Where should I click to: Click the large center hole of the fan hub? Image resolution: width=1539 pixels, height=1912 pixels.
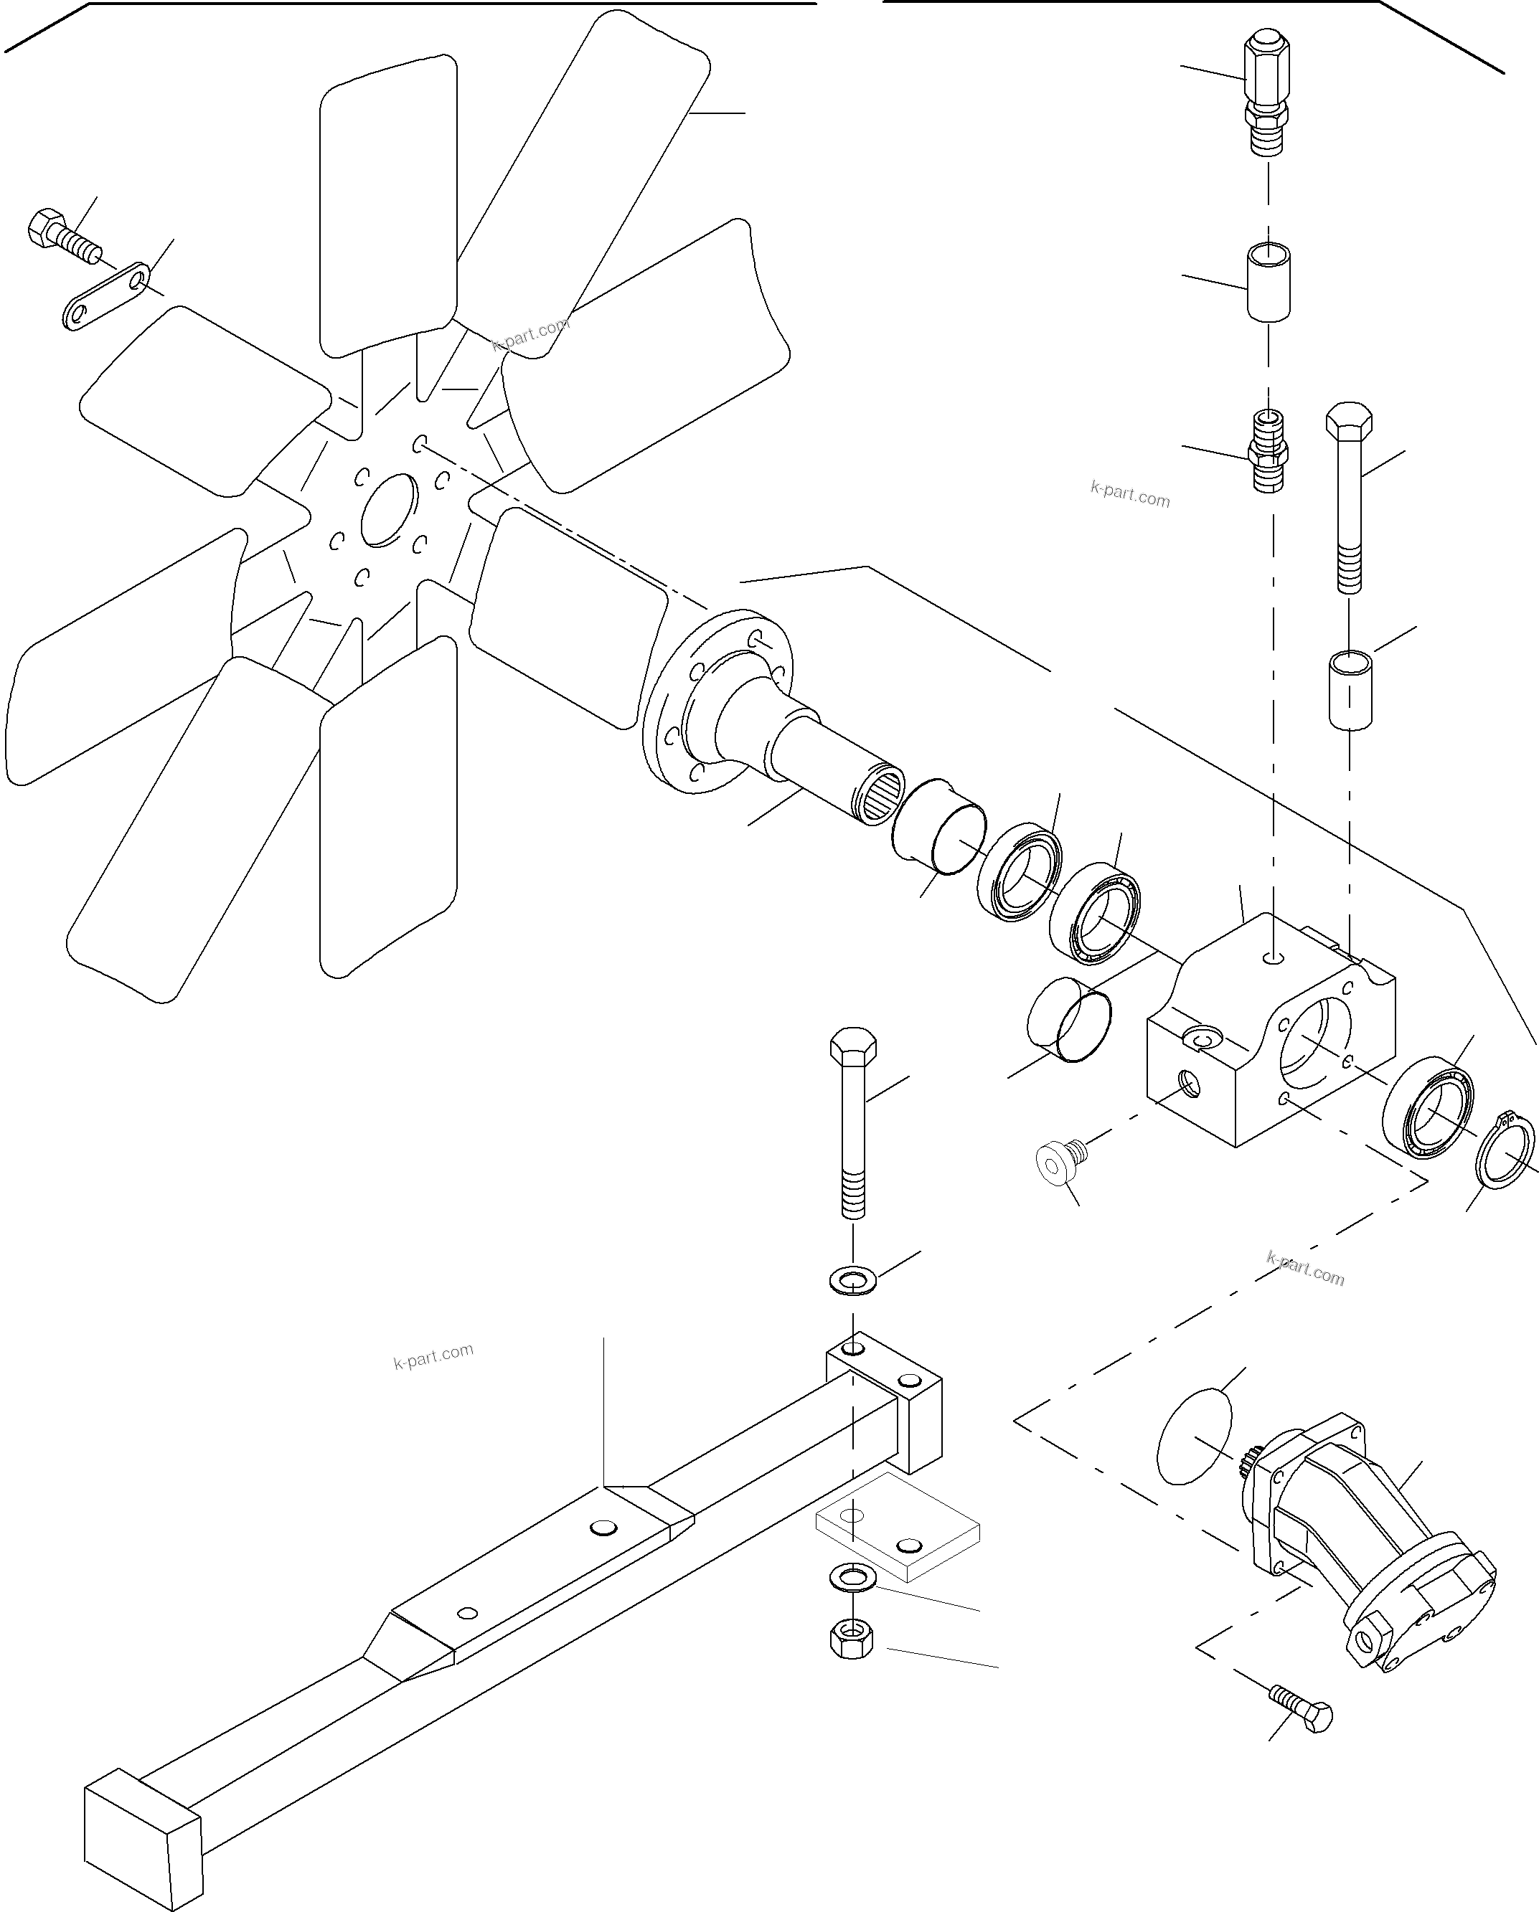click(389, 510)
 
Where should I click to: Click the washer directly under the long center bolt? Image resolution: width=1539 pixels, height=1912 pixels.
click(852, 1281)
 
